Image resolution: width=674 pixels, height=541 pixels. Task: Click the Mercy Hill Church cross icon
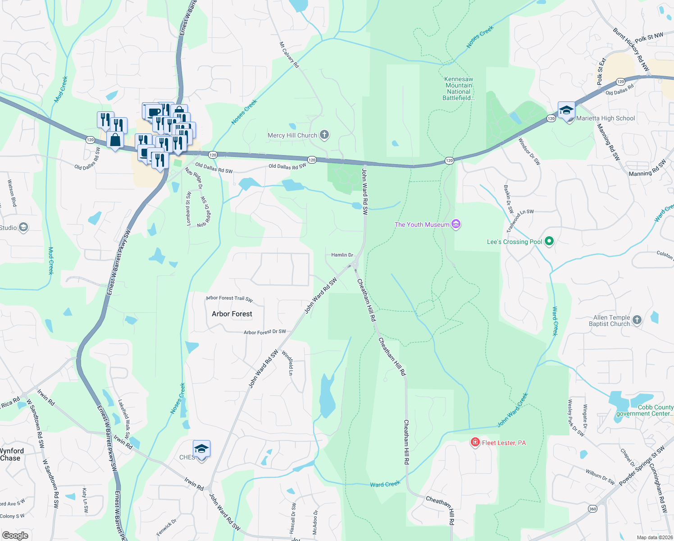[324, 135]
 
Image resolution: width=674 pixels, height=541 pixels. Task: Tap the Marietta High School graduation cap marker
[566, 110]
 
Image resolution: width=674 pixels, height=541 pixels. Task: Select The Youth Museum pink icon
[456, 224]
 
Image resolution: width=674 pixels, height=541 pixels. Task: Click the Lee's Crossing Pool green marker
[549, 242]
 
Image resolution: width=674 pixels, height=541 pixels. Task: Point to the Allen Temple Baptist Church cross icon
[637, 320]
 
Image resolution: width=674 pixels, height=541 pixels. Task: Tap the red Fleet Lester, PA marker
[475, 442]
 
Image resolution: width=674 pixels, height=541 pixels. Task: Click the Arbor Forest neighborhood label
[232, 314]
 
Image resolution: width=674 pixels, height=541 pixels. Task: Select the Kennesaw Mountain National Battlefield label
[459, 88]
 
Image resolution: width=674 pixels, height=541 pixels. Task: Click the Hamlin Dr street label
[342, 255]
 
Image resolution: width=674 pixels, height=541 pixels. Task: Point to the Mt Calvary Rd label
[289, 55]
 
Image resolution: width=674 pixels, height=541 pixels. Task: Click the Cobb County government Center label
[645, 410]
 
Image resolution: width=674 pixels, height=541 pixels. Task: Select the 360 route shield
[592, 509]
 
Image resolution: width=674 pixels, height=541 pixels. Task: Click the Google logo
[15, 536]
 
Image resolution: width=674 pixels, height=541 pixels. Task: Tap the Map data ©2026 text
[655, 537]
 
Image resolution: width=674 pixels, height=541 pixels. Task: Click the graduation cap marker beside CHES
[201, 449]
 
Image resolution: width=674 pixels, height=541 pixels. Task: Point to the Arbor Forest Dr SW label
[265, 332]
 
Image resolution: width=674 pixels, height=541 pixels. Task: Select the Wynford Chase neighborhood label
[11, 454]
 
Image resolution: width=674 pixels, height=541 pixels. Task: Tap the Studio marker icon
[23, 228]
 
